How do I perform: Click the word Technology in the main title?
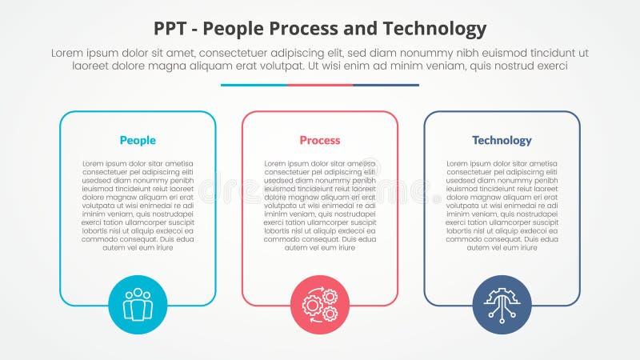(436, 30)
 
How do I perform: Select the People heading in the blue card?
(138, 141)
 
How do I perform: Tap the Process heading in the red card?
(320, 141)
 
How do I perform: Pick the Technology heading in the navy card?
(502, 141)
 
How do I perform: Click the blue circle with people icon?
(138, 305)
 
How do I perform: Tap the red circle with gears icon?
(320, 305)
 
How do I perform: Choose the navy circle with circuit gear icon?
(502, 305)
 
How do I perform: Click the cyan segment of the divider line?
(254, 85)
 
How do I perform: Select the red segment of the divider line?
(320, 85)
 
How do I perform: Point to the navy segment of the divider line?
(386, 85)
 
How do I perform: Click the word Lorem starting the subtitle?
(68, 53)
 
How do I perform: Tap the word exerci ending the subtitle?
(551, 66)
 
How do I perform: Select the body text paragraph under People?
(138, 206)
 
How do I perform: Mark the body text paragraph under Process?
(320, 206)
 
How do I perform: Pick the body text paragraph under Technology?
(502, 206)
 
